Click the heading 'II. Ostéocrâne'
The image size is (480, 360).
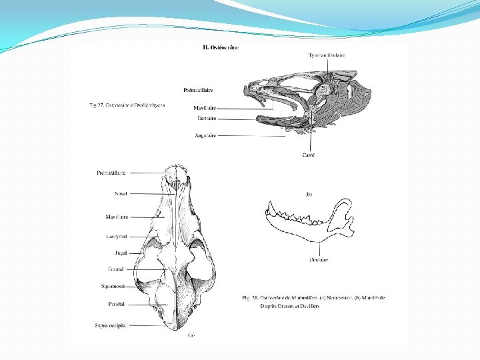221,47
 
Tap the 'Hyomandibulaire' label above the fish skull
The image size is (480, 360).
327,55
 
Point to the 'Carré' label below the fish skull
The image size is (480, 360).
308,155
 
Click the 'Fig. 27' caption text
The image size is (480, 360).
127,105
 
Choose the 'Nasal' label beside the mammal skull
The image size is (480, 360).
121,193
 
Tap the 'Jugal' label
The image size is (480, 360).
121,253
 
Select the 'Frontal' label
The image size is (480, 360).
117,269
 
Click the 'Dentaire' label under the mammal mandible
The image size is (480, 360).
319,260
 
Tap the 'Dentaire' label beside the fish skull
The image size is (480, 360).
207,118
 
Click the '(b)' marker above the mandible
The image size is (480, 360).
309,194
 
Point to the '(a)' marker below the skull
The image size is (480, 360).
192,335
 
